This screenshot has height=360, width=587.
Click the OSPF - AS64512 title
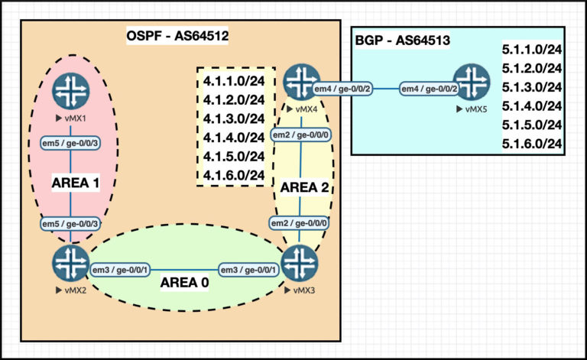(177, 35)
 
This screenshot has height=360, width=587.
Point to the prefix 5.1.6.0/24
(533, 144)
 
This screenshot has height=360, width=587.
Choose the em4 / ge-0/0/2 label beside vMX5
(430, 89)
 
